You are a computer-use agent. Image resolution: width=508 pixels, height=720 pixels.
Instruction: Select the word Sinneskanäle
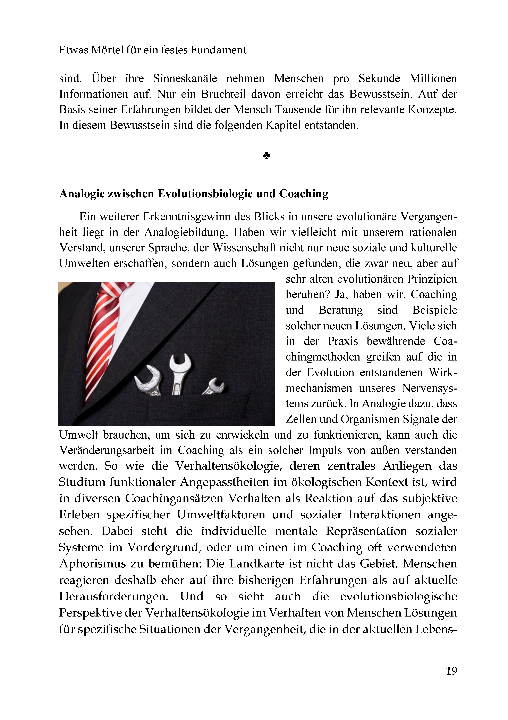[185, 78]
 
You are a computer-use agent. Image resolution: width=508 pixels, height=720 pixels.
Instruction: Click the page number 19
[451, 671]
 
